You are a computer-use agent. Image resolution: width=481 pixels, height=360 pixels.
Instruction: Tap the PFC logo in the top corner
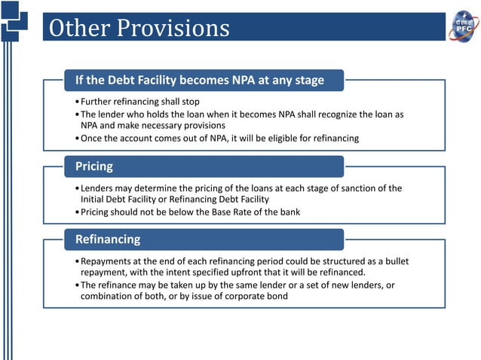464,26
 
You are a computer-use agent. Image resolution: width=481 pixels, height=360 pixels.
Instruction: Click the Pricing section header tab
94,165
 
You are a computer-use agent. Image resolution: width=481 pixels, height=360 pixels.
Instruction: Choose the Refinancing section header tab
108,239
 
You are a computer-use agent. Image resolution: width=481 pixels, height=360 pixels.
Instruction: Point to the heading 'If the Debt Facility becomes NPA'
199,80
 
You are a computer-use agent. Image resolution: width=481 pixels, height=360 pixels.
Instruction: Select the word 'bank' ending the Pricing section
289,212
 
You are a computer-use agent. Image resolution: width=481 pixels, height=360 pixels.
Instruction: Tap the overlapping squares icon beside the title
14,20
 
